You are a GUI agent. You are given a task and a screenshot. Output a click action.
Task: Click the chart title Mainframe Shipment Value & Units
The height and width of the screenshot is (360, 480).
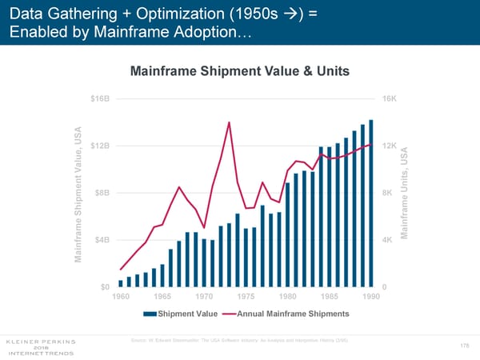[x=239, y=71]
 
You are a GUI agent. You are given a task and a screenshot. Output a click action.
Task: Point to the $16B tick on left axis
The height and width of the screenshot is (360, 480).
[x=100, y=98]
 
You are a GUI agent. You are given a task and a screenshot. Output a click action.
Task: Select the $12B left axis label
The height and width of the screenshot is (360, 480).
[x=100, y=146]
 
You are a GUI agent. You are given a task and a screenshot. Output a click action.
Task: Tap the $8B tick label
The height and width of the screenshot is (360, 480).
[x=102, y=193]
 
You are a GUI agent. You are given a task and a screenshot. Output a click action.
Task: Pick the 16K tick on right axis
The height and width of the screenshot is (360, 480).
[x=390, y=98]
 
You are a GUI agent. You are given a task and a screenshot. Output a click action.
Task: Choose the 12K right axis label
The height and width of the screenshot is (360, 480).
[x=390, y=146]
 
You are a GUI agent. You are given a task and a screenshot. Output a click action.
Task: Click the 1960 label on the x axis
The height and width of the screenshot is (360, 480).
[x=121, y=297]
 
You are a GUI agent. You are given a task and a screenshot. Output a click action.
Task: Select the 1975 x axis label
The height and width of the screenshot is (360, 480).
[x=246, y=297]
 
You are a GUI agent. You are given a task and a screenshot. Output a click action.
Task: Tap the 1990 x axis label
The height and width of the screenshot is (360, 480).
[x=370, y=297]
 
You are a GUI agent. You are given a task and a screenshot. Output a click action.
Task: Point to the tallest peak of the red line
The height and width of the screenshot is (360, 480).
[x=229, y=122]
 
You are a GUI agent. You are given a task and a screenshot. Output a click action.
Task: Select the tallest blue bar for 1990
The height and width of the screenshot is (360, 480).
[x=370, y=203]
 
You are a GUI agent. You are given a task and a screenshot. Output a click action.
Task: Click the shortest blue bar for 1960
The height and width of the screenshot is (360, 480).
[x=121, y=283]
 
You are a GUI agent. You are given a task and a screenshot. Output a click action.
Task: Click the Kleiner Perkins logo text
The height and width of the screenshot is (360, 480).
[x=41, y=340]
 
